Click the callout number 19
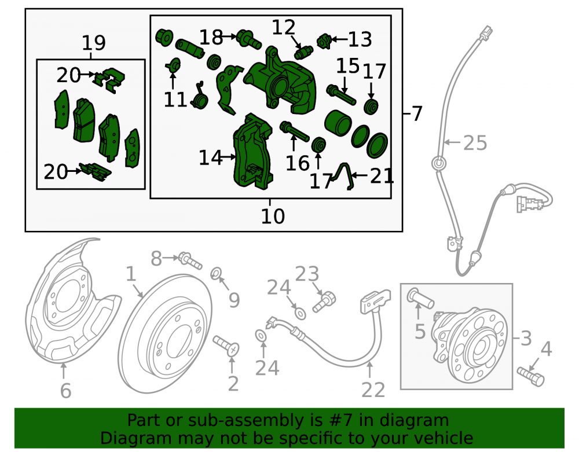click(x=94, y=43)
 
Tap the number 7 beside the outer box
click(x=417, y=113)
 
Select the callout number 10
click(x=273, y=216)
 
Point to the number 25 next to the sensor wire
click(x=475, y=143)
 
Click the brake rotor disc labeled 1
click(x=166, y=334)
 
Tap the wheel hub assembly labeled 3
click(x=469, y=345)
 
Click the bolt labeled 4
click(x=530, y=376)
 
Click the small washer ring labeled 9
click(x=216, y=274)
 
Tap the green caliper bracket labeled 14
click(x=253, y=151)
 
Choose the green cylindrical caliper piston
click(x=338, y=123)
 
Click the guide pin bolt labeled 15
click(x=341, y=94)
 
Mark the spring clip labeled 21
click(x=343, y=177)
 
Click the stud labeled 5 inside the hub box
click(x=420, y=299)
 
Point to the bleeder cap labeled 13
click(x=324, y=41)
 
